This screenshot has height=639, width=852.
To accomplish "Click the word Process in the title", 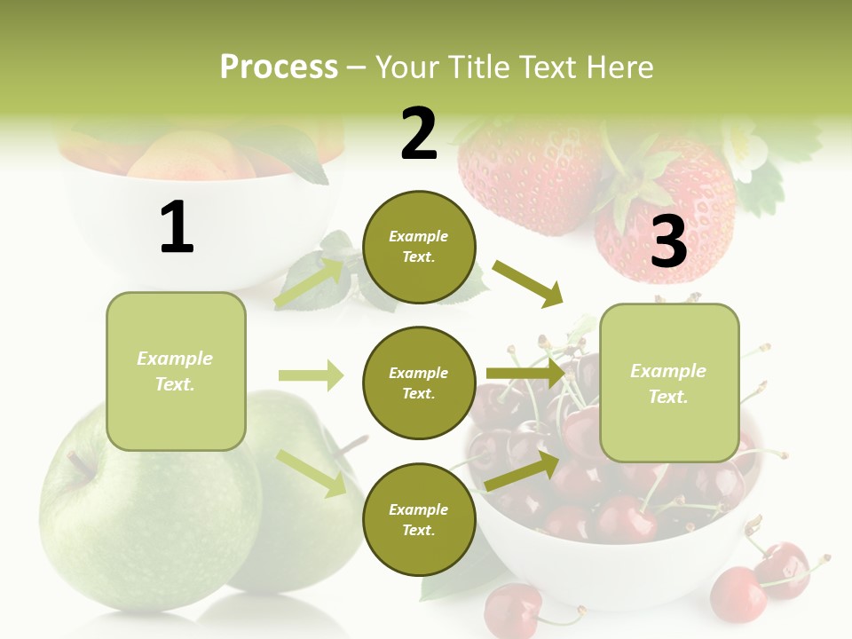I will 279,67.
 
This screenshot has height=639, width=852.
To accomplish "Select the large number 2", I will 419,133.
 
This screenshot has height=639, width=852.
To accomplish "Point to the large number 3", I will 668,241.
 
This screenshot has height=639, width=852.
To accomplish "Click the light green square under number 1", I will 176,371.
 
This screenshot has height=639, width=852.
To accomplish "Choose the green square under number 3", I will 669,383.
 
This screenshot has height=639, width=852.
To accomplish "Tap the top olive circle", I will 419,247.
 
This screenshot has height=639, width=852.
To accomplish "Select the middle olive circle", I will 419,383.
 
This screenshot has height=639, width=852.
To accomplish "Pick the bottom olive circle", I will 419,519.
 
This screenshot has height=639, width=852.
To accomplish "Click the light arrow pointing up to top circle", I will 310,282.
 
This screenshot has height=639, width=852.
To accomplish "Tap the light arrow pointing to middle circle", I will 311,375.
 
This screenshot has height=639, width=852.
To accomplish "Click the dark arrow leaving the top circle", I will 528,283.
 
